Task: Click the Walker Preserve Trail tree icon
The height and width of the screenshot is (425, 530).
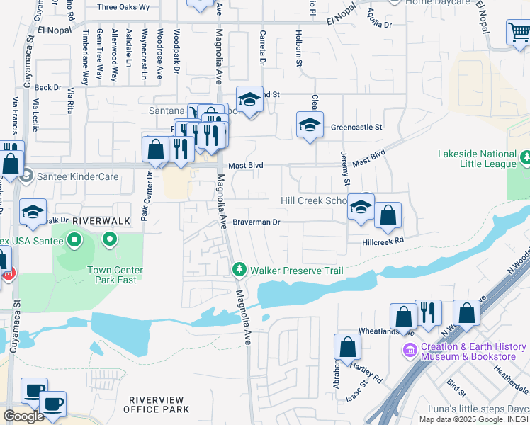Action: [x=239, y=270]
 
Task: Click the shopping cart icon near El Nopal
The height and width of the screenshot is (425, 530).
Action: [x=518, y=33]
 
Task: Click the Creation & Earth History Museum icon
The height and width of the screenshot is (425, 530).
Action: [x=410, y=351]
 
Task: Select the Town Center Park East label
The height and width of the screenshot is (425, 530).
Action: [x=115, y=275]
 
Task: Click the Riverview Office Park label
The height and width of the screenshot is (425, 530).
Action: [x=156, y=404]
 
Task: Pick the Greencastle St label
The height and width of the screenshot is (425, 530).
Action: [x=356, y=127]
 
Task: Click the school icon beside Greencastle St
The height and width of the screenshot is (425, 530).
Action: [x=310, y=125]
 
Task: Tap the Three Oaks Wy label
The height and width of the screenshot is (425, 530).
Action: [x=123, y=7]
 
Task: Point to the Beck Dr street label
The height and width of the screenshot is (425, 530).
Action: [x=47, y=87]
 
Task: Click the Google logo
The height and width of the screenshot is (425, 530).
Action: [x=23, y=416]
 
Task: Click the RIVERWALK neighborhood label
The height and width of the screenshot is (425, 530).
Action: [x=101, y=221]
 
